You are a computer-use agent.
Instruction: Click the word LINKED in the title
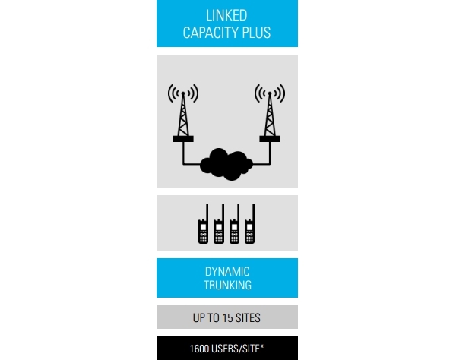226,16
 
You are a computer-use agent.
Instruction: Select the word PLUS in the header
257,33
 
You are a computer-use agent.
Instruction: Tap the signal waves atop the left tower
183,93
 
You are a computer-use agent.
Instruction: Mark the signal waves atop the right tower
269,93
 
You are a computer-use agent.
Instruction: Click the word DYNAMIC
227,272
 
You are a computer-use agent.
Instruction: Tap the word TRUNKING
227,286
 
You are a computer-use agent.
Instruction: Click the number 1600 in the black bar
201,349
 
